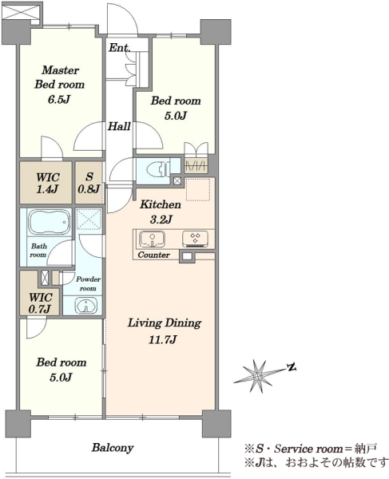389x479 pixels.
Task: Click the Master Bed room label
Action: pos(59,77)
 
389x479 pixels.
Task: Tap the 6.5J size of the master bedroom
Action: pos(59,100)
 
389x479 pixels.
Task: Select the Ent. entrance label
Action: pos(120,48)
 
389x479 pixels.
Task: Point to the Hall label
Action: pos(119,126)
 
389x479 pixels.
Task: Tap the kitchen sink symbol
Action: pos(153,239)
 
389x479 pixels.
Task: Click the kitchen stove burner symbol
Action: pos(196,239)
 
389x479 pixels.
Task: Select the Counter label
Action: pos(153,255)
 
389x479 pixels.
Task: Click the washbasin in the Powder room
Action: pos(86,306)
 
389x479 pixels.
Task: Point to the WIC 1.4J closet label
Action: pos(47,184)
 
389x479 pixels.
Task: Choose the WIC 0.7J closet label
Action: pos(40,303)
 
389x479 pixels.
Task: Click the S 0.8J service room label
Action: pos(89,183)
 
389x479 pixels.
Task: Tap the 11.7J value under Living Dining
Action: pos(162,340)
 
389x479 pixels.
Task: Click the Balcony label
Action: pos(113,448)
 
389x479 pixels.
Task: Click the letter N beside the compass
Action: pos(292,367)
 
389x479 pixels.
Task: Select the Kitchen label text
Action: pos(161,204)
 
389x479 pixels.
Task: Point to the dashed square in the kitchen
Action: pos(198,189)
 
